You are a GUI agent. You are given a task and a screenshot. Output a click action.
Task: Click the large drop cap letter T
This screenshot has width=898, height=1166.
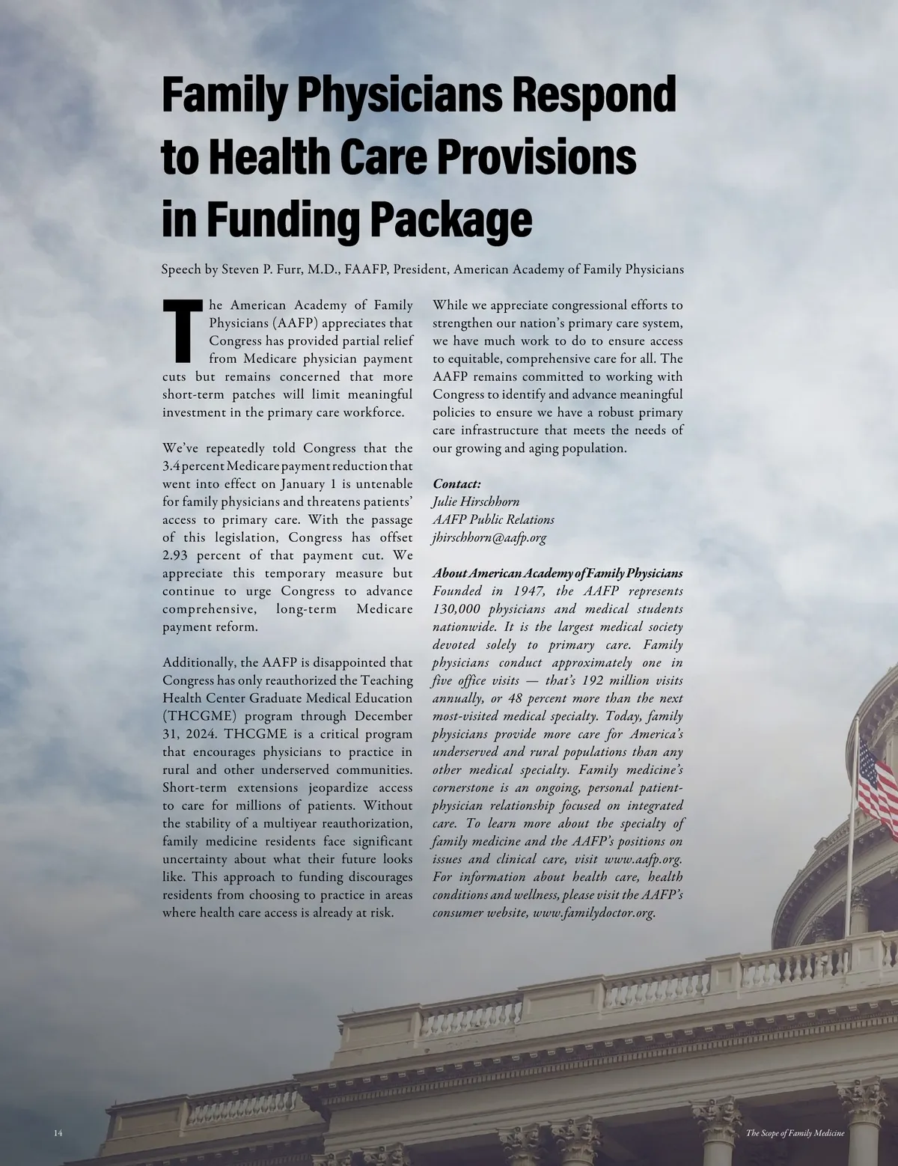click(x=183, y=330)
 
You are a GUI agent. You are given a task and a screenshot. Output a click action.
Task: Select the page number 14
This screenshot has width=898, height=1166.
click(x=58, y=1133)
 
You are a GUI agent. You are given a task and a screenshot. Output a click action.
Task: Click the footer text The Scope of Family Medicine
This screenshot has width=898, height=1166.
click(x=795, y=1133)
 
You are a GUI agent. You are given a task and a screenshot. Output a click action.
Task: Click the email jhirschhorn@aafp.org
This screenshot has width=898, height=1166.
click(x=489, y=537)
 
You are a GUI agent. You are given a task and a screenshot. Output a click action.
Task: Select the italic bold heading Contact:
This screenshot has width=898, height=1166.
click(x=456, y=483)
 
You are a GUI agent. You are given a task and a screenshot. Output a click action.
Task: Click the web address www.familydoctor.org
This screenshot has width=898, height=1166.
click(x=593, y=913)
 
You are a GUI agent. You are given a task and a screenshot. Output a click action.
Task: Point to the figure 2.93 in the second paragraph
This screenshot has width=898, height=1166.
click(x=178, y=555)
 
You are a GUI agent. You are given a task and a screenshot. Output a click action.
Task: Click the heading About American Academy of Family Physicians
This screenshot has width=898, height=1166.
click(x=558, y=573)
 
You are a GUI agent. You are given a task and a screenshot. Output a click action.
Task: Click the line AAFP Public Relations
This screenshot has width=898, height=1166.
click(x=493, y=519)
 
